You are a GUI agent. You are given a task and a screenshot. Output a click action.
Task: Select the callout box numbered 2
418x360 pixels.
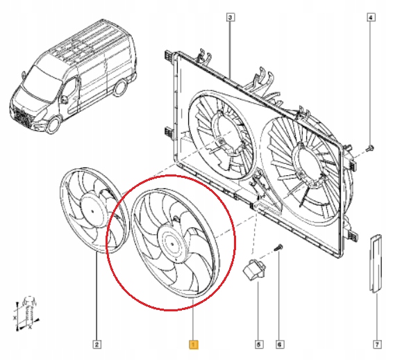(x=97, y=343)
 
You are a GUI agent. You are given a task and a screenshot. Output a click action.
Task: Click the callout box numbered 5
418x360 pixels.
(x=258, y=343)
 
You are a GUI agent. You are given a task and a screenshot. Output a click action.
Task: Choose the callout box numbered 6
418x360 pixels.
(x=279, y=343)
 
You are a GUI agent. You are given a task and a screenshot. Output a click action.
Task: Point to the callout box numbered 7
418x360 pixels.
(x=376, y=343)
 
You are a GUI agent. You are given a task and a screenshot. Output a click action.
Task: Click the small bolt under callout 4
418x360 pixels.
(x=369, y=147)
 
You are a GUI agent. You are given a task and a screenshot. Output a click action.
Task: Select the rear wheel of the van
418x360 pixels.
(x=120, y=89)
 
